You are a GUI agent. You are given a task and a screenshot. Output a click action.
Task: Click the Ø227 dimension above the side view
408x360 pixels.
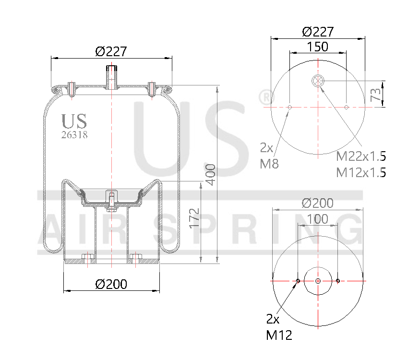[x=111, y=51]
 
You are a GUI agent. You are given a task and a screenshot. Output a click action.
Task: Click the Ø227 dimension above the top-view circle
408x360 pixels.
[x=318, y=32]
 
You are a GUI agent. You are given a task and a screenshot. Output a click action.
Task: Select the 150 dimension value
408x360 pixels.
[x=317, y=47]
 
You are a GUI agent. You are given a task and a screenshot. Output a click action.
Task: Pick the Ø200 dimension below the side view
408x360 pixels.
[x=111, y=284]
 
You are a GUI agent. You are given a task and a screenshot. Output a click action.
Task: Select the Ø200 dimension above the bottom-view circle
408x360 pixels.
[x=317, y=203]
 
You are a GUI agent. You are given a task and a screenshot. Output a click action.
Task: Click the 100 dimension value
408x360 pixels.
[x=318, y=219]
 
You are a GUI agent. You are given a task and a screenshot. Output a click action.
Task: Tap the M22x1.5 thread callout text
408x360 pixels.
[x=361, y=156]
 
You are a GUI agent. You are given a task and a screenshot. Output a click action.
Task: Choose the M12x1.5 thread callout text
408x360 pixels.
[x=361, y=172]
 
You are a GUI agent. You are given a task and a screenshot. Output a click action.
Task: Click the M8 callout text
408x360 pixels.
[x=269, y=164]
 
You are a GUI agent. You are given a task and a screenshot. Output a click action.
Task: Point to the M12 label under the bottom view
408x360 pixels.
[x=279, y=335]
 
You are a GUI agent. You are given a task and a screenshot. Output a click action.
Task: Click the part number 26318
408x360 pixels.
[x=74, y=135]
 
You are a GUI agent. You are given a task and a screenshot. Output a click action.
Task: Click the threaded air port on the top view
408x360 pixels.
[x=318, y=80]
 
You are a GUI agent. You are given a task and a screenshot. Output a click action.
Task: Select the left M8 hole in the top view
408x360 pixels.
[x=289, y=107]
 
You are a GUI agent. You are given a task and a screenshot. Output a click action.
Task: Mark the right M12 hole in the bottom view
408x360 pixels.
[x=338, y=281]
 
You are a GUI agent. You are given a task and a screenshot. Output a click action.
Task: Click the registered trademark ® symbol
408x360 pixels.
[x=265, y=97]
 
